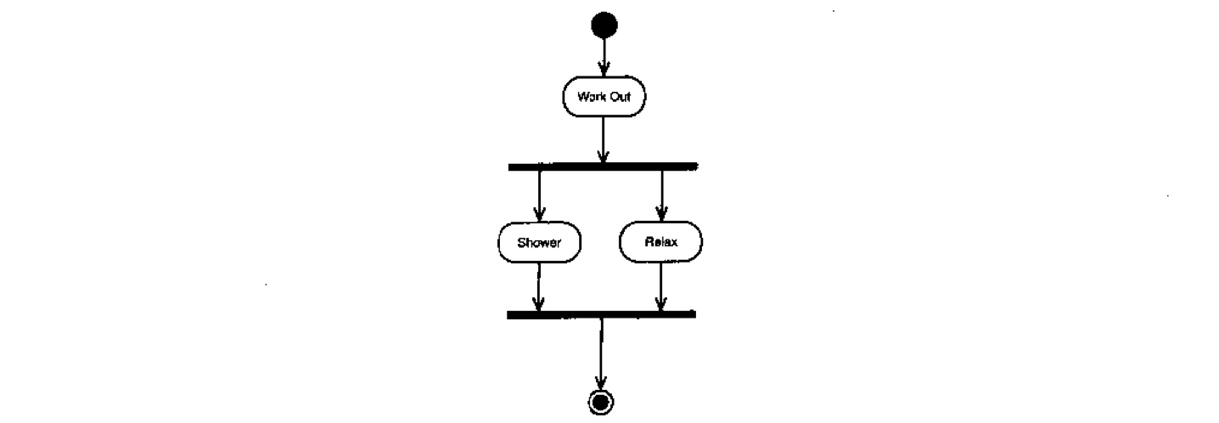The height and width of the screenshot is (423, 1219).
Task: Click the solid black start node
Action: tap(604, 25)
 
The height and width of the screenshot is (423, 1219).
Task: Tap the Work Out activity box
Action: tap(604, 96)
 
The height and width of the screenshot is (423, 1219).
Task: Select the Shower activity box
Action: tap(539, 242)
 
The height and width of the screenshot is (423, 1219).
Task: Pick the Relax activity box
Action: tap(660, 242)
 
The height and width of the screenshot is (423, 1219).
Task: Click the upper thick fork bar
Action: tap(603, 166)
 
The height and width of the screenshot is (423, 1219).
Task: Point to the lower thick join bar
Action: tap(601, 314)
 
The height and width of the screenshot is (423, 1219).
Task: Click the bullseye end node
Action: tap(601, 403)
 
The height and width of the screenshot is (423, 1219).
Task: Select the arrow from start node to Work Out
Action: tap(604, 57)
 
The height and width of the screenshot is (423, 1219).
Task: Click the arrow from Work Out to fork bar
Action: tap(603, 140)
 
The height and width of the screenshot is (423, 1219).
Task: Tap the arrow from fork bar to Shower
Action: tap(539, 196)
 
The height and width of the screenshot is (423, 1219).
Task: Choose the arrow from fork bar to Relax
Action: tap(662, 196)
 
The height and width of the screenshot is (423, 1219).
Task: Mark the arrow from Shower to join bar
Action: tap(539, 287)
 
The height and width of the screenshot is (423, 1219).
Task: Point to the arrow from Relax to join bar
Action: tap(660, 286)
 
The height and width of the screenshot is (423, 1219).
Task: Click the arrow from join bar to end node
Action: tap(601, 354)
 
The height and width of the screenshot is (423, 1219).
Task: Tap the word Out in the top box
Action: tap(620, 97)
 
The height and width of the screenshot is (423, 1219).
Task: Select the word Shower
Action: tap(539, 242)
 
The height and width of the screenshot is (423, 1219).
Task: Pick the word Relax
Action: tap(661, 242)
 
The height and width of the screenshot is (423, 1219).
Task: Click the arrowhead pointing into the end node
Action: tap(601, 383)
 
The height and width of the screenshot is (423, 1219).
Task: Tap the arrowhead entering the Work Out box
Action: tap(604, 70)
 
